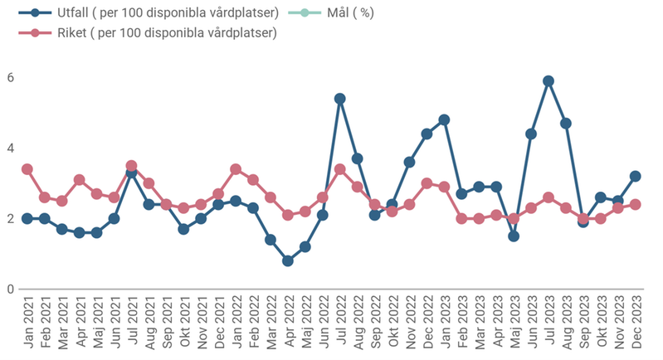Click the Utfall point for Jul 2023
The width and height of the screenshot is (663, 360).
click(x=548, y=81)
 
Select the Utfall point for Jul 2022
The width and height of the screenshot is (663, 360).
click(x=339, y=99)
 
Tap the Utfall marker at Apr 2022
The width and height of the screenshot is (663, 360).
click(x=287, y=260)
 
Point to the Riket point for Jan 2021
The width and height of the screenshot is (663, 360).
click(x=27, y=169)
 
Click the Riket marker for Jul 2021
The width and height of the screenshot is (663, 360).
click(x=131, y=166)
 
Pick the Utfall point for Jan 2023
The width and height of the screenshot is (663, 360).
click(x=444, y=119)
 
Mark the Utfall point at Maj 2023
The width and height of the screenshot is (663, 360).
click(x=514, y=236)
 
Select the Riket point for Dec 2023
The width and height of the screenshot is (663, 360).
click(x=635, y=204)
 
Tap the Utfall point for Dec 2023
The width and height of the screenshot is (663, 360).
click(x=635, y=176)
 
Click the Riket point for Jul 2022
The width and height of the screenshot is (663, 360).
click(x=339, y=169)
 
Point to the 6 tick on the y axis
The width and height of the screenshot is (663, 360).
click(x=10, y=77)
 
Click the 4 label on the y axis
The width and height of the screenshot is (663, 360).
click(x=10, y=148)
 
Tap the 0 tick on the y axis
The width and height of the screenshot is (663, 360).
click(x=10, y=289)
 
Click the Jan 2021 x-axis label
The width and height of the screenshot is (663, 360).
click(x=27, y=324)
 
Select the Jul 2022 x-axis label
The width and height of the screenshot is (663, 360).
click(x=339, y=324)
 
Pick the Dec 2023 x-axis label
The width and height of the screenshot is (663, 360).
click(x=635, y=324)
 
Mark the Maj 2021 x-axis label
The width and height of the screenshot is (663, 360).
click(x=97, y=324)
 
